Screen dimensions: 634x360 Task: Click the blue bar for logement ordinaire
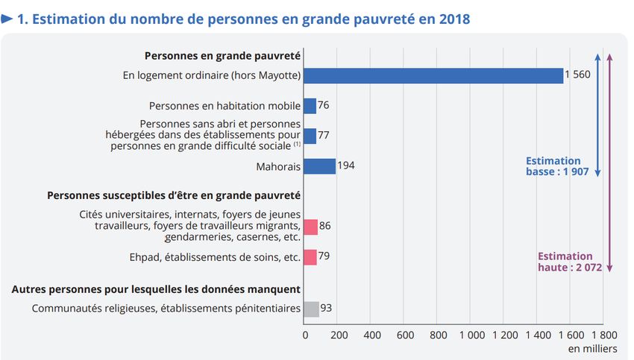click(x=433, y=75)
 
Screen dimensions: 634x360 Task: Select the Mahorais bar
click(x=319, y=166)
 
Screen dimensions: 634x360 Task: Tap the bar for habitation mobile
click(x=310, y=106)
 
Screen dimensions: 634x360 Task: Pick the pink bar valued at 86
click(x=310, y=227)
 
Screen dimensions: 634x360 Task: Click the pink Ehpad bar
click(x=310, y=257)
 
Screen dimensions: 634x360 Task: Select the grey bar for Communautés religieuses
click(x=311, y=309)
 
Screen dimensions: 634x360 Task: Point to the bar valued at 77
click(x=310, y=136)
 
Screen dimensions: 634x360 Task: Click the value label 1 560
click(x=577, y=75)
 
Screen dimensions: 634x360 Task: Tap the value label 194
click(x=346, y=165)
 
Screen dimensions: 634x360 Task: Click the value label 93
click(x=326, y=308)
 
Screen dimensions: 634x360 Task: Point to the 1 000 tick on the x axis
click(x=472, y=335)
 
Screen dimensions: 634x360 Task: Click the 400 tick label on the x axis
click(x=372, y=335)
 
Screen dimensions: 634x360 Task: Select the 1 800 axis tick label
click(x=604, y=335)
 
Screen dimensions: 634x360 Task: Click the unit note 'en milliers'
click(x=593, y=349)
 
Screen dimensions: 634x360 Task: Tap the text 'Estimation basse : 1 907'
click(x=557, y=166)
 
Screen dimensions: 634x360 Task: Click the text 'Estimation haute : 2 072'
click(x=570, y=262)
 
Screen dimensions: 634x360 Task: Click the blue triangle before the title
click(x=7, y=19)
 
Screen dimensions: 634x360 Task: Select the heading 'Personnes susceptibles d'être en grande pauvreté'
click(x=174, y=195)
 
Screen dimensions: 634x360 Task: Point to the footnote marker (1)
click(x=297, y=144)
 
